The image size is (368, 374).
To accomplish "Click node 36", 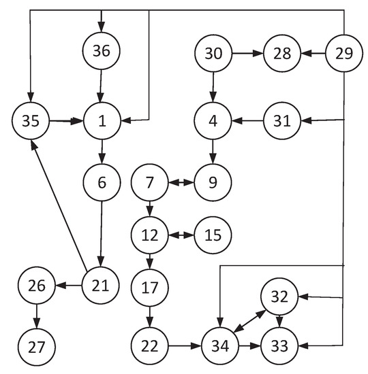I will coord(102,51).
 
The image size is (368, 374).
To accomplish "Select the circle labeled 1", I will coord(102,122).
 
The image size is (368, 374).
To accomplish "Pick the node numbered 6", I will coord(102,182).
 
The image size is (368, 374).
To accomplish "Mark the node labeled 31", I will coord(283,122).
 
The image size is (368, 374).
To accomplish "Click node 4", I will coord(213,122).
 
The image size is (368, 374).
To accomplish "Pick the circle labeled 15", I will coord(213,235).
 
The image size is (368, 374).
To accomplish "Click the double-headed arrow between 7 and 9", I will coord(181,182).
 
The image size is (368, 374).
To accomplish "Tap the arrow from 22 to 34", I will coord(185,345).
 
